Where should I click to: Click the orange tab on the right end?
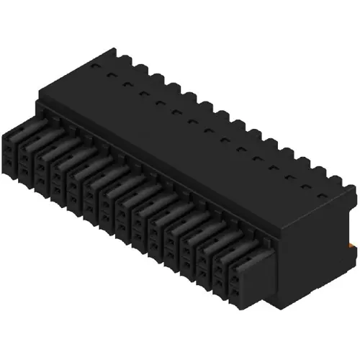(353, 247)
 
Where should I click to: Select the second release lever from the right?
(223, 239)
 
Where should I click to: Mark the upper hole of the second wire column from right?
(204, 258)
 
